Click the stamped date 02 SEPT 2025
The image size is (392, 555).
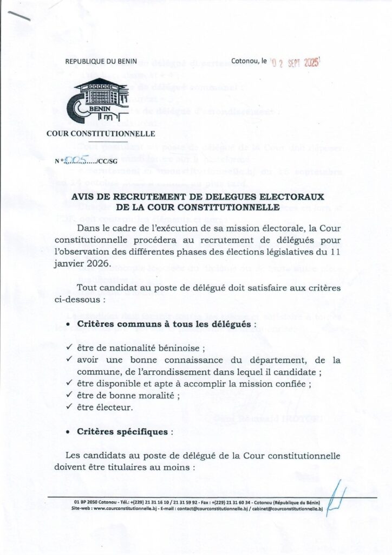pos(296,63)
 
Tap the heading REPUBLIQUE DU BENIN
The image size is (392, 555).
pos(101,62)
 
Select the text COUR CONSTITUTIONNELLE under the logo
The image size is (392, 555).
pos(101,134)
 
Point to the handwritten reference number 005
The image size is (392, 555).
pos(73,160)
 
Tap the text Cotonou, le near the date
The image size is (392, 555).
pos(249,62)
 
